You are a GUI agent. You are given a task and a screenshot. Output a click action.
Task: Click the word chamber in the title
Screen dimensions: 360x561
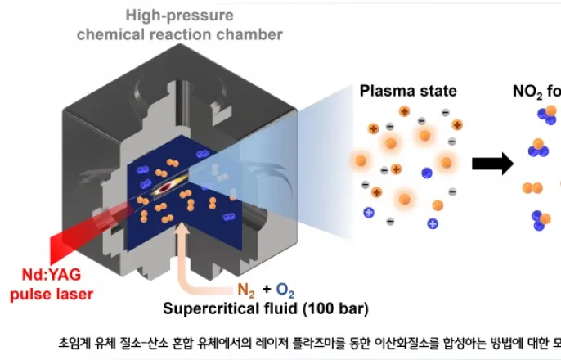point(249,34)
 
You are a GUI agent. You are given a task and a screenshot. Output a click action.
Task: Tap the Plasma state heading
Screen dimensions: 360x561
point(408,89)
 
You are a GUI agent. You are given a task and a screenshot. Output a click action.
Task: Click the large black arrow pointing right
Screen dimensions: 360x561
point(493,164)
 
